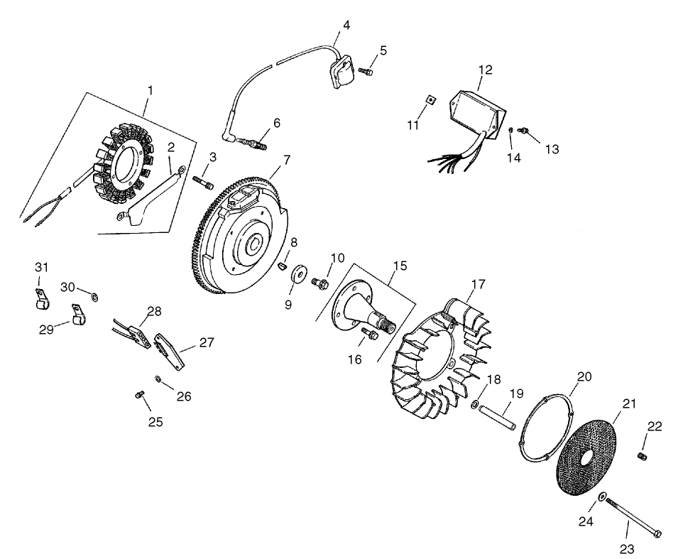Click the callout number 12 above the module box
pyautogui.click(x=486, y=70)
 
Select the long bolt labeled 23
pyautogui.click(x=632, y=517)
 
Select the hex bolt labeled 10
pyautogui.click(x=319, y=283)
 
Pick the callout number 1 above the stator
pyautogui.click(x=150, y=90)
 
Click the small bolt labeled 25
pyautogui.click(x=139, y=395)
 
